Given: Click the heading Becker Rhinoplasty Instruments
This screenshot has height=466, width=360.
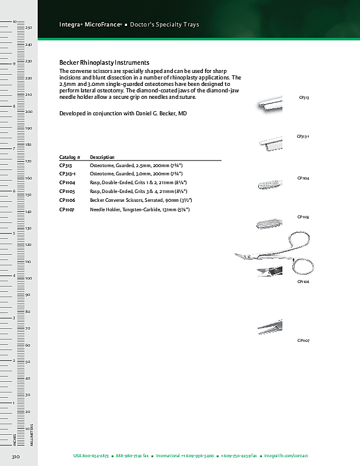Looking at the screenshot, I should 104,62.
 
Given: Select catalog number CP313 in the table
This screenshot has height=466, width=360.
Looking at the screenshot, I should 65,167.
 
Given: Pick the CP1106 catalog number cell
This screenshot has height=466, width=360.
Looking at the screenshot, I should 66,200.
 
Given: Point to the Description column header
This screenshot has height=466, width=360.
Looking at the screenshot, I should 102,157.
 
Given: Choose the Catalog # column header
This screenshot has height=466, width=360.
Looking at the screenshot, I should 69,157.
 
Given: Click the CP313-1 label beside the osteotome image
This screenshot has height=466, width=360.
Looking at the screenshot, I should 303,137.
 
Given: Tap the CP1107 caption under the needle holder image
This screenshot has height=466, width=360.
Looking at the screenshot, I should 304,341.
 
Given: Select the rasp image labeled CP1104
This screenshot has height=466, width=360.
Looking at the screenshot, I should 271,186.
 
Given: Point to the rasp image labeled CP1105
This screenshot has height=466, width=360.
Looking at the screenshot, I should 270,224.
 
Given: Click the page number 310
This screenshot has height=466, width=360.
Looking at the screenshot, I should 15,456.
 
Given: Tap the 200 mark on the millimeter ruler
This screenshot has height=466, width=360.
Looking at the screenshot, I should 29,111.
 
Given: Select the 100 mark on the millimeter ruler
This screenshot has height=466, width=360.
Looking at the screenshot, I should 29,278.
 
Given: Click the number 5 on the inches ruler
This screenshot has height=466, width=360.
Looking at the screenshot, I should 14,234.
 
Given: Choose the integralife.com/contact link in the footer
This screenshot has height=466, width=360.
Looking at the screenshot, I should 286,456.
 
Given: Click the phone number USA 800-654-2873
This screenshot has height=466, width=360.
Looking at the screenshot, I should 91,456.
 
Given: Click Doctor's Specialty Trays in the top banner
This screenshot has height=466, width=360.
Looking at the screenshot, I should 164,25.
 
